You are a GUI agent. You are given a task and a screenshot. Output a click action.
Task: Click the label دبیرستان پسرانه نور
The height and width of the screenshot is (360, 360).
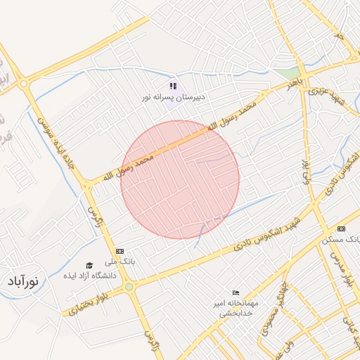[x=174, y=97]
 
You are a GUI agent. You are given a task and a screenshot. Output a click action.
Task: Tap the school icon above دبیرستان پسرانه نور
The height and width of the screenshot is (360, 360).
[x=173, y=86]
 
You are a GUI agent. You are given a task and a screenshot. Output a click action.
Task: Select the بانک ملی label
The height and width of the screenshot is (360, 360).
[x=122, y=261]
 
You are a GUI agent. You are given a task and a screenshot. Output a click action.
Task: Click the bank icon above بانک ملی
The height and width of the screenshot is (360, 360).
[x=120, y=251]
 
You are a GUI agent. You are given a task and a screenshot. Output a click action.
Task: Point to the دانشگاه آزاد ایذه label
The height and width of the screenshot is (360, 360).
[x=89, y=275]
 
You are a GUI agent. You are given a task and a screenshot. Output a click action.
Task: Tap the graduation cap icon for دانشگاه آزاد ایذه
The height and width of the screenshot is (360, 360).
[x=89, y=265]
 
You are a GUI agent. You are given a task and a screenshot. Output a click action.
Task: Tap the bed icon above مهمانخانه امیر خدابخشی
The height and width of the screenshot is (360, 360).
[x=236, y=292]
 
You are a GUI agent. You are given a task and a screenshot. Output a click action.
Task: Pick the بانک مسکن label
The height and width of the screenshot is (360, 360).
[x=341, y=239]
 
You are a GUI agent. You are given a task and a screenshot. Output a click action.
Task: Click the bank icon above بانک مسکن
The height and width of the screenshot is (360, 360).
[x=342, y=229]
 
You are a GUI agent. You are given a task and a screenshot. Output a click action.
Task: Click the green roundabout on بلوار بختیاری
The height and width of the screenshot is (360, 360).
[x=129, y=287]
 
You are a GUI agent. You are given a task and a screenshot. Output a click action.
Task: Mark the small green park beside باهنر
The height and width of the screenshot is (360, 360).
[x=285, y=73]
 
